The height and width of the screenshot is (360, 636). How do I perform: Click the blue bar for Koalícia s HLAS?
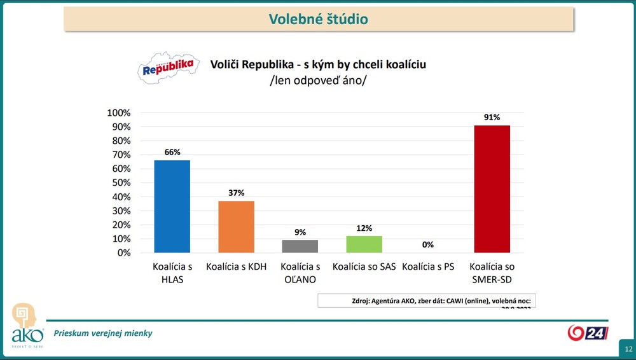click(x=172, y=206)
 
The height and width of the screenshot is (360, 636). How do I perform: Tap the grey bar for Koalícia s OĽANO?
click(x=300, y=246)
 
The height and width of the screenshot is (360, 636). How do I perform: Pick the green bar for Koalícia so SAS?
click(x=364, y=244)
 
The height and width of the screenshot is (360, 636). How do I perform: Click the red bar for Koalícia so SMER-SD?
click(x=492, y=189)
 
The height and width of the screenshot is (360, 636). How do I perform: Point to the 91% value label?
click(x=492, y=118)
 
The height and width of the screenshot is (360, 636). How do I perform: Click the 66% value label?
click(x=172, y=152)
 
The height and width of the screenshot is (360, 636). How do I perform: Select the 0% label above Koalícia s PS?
click(x=427, y=244)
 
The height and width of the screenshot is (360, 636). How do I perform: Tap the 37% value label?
click(x=236, y=193)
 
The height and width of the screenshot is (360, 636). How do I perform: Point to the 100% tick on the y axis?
click(x=118, y=113)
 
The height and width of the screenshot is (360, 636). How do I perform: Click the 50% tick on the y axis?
click(x=120, y=183)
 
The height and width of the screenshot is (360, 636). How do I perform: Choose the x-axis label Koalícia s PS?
click(x=427, y=267)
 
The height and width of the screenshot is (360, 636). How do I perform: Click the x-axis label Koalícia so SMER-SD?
click(x=492, y=273)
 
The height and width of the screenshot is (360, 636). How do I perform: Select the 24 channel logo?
click(x=588, y=333)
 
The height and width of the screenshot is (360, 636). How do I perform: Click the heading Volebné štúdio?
click(x=319, y=19)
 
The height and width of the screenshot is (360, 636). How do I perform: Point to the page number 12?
click(x=628, y=349)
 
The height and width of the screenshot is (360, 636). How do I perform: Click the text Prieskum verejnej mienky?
click(x=103, y=333)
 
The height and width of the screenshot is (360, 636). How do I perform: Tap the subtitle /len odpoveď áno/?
click(x=318, y=81)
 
